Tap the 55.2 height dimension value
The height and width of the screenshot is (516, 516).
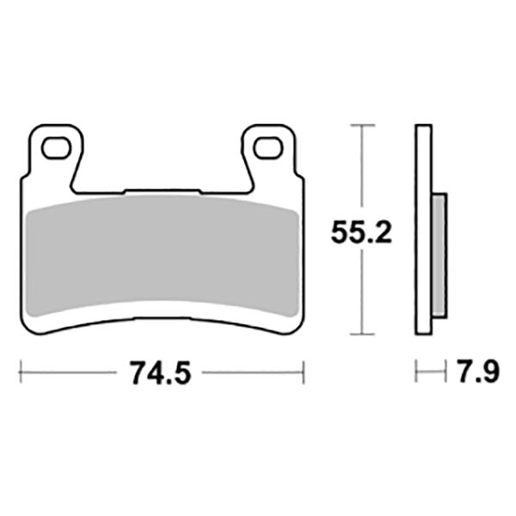pyautogui.click(x=362, y=231)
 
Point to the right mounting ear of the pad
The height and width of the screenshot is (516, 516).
pyautogui.click(x=271, y=155)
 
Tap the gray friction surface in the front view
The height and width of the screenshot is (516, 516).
pyautogui.click(x=162, y=254)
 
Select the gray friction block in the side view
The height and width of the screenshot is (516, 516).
pyautogui.click(x=438, y=254)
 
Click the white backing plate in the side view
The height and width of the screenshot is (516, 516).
pyautogui.click(x=421, y=232)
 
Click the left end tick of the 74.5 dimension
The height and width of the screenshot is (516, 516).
pyautogui.click(x=20, y=374)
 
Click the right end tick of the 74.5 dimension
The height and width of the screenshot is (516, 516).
pyautogui.click(x=305, y=374)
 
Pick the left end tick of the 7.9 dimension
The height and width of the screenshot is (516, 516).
pyautogui.click(x=415, y=374)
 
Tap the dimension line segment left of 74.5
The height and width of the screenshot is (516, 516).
pyautogui.click(x=69, y=374)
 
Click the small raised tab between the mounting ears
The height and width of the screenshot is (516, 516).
pyautogui.click(x=162, y=192)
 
